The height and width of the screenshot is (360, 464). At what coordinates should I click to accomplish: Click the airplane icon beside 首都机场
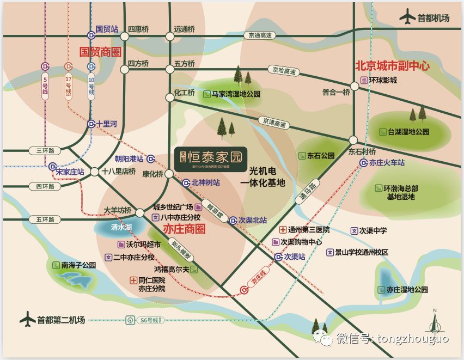click(x=407, y=17)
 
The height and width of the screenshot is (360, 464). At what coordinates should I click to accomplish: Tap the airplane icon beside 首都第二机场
click(x=27, y=320)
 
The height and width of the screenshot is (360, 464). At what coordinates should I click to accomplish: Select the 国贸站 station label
click(x=107, y=29)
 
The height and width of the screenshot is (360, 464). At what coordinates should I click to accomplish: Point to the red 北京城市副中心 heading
click(x=392, y=66)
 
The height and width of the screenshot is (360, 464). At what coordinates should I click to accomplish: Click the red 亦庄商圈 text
click(x=184, y=229)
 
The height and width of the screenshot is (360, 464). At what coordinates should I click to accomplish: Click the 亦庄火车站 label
click(x=387, y=162)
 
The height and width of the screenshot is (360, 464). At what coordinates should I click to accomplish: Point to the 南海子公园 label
click(x=78, y=265)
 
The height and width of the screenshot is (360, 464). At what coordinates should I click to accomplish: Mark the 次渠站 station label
click(x=294, y=256)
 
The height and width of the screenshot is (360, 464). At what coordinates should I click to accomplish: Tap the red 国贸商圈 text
click(x=100, y=51)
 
